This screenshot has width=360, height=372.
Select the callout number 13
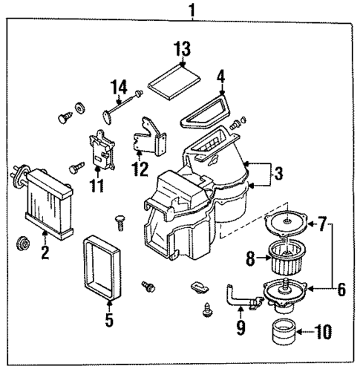click(x=182, y=52)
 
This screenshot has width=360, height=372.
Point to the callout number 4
click(x=220, y=77)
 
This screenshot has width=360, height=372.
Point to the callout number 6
click(x=341, y=289)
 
